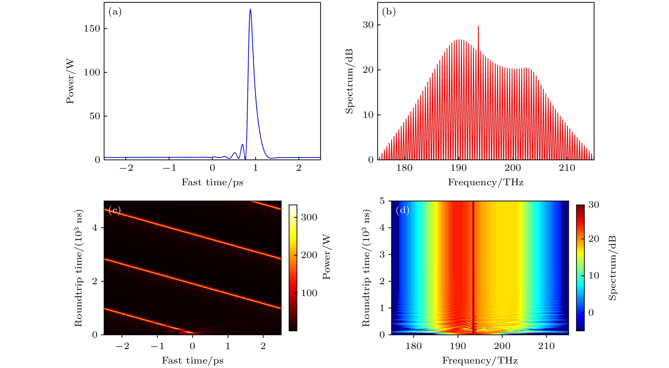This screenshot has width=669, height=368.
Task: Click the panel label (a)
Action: click(115, 12)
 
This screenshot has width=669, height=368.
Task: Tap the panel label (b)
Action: click(389, 12)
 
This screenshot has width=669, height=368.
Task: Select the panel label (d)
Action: click(402, 210)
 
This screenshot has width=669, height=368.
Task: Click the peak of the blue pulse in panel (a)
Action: click(250, 9)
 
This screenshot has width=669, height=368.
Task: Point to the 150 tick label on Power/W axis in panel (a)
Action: click(92, 28)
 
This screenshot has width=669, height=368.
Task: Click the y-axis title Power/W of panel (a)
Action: click(70, 81)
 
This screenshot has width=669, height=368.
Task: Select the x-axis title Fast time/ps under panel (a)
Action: click(212, 182)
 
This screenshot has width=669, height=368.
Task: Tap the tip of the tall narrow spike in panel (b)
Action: click(478, 26)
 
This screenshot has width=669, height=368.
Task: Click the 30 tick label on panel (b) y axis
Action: click(368, 25)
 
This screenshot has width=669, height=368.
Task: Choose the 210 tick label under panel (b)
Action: click(567, 168)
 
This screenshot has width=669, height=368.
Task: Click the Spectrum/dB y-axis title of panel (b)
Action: click(349, 81)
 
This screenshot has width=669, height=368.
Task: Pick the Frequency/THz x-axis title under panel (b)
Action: click(486, 182)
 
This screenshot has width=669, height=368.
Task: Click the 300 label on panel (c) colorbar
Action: click(309, 217)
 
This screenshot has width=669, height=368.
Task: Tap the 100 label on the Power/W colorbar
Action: click(309, 293)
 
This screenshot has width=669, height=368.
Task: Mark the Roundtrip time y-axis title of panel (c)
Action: click(78, 268)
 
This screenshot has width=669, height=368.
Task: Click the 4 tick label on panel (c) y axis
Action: click(95, 228)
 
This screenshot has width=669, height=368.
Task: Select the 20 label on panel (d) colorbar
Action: click(594, 239)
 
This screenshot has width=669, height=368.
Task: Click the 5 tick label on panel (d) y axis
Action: click(382, 201)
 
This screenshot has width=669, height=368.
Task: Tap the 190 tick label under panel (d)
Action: click(458, 346)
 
